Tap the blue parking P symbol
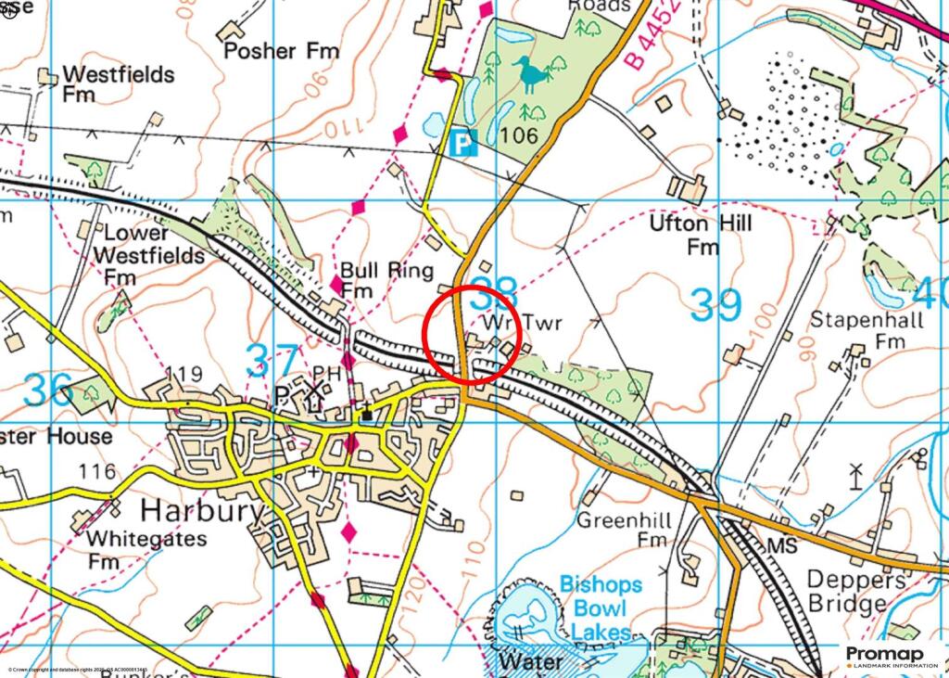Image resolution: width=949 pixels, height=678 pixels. click(462, 142)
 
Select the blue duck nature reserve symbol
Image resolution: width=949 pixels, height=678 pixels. click(529, 74)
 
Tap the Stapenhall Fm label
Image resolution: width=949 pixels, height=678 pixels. click(855, 330)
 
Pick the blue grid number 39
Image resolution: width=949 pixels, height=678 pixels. click(716, 305)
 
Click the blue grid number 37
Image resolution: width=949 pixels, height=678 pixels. click(272, 361)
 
